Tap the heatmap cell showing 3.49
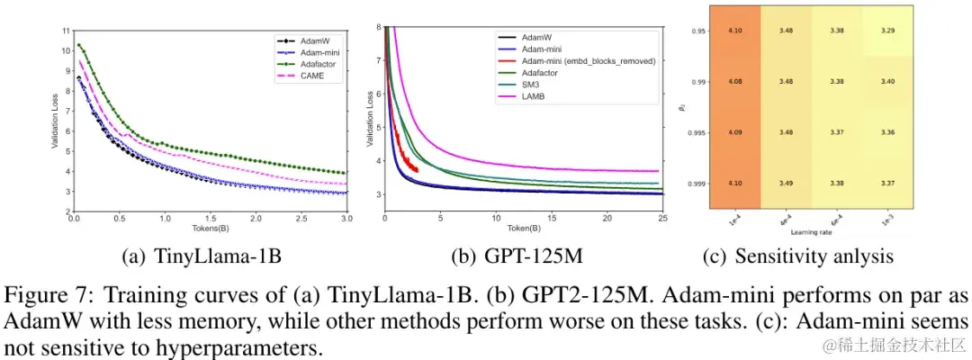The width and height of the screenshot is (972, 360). pyautogui.click(x=785, y=182)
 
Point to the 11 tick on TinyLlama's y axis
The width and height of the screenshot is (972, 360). pyautogui.click(x=64, y=31)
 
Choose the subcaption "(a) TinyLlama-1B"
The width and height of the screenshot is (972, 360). pyautogui.click(x=202, y=256)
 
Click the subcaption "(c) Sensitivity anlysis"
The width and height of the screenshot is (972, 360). pyautogui.click(x=797, y=256)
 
